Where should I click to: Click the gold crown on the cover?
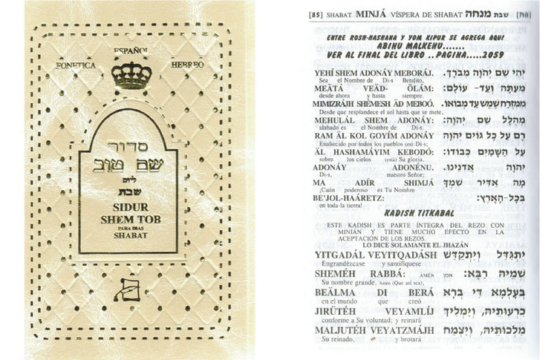[131, 76]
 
